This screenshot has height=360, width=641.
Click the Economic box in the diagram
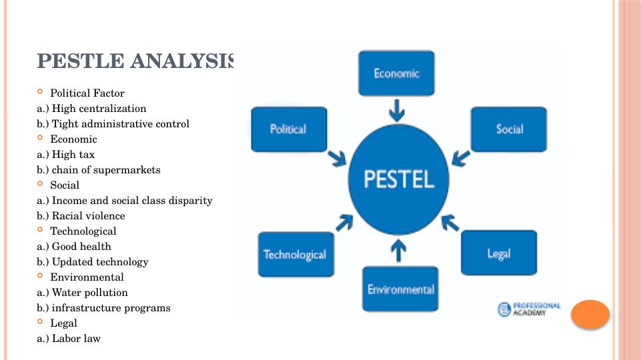396,73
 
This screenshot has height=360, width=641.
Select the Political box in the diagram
288,129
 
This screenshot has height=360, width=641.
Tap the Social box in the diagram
509,129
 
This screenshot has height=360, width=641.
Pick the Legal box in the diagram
498,253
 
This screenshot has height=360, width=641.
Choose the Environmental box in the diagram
400,289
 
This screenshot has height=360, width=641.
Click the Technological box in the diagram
295,255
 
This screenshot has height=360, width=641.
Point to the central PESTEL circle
399,179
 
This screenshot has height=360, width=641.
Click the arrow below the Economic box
397,109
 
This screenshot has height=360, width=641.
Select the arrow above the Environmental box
398,251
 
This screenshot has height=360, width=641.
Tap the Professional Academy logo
529,309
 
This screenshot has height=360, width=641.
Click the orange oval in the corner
590,315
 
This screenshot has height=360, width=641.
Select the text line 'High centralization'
99,109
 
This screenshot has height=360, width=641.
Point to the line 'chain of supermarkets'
106,170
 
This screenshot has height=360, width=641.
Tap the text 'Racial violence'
88,216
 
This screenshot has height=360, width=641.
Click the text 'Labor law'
76,339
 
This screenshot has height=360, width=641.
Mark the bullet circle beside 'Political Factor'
41,93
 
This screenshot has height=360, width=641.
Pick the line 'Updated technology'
100,262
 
